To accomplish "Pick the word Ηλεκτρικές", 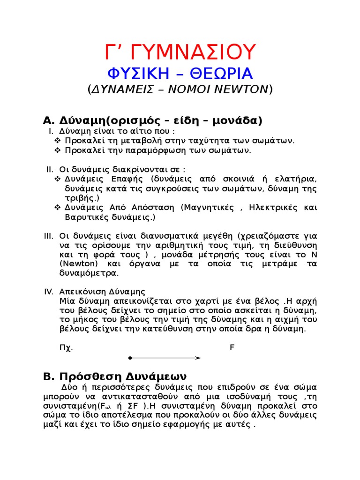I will [273, 208].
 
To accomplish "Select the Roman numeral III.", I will [49, 236].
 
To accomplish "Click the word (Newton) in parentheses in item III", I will [76, 263].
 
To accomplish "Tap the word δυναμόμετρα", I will [89, 273].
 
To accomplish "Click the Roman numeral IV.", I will [49, 292].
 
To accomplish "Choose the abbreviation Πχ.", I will [66, 348].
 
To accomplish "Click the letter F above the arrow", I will [232, 348].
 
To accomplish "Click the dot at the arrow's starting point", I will [130, 358].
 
